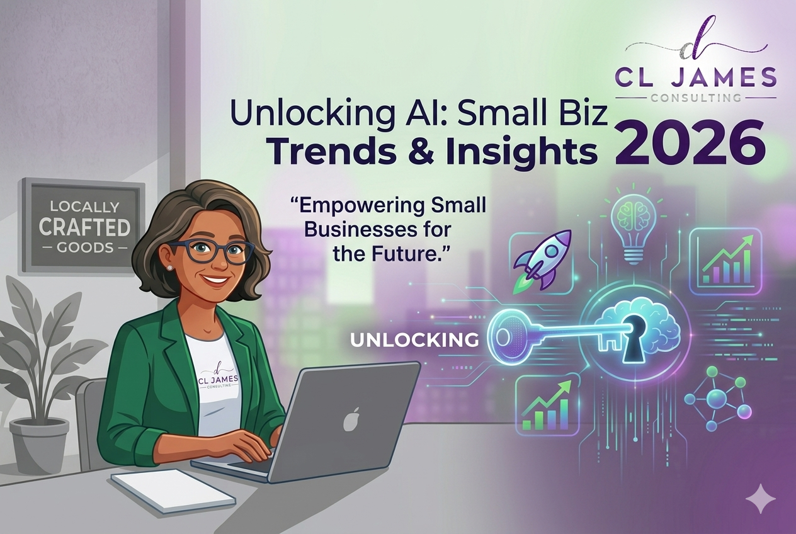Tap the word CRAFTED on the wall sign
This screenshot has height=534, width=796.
point(84,227)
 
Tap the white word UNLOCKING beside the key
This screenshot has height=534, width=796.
point(414,340)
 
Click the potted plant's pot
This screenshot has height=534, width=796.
point(39,443)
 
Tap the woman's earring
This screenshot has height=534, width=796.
point(170,267)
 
